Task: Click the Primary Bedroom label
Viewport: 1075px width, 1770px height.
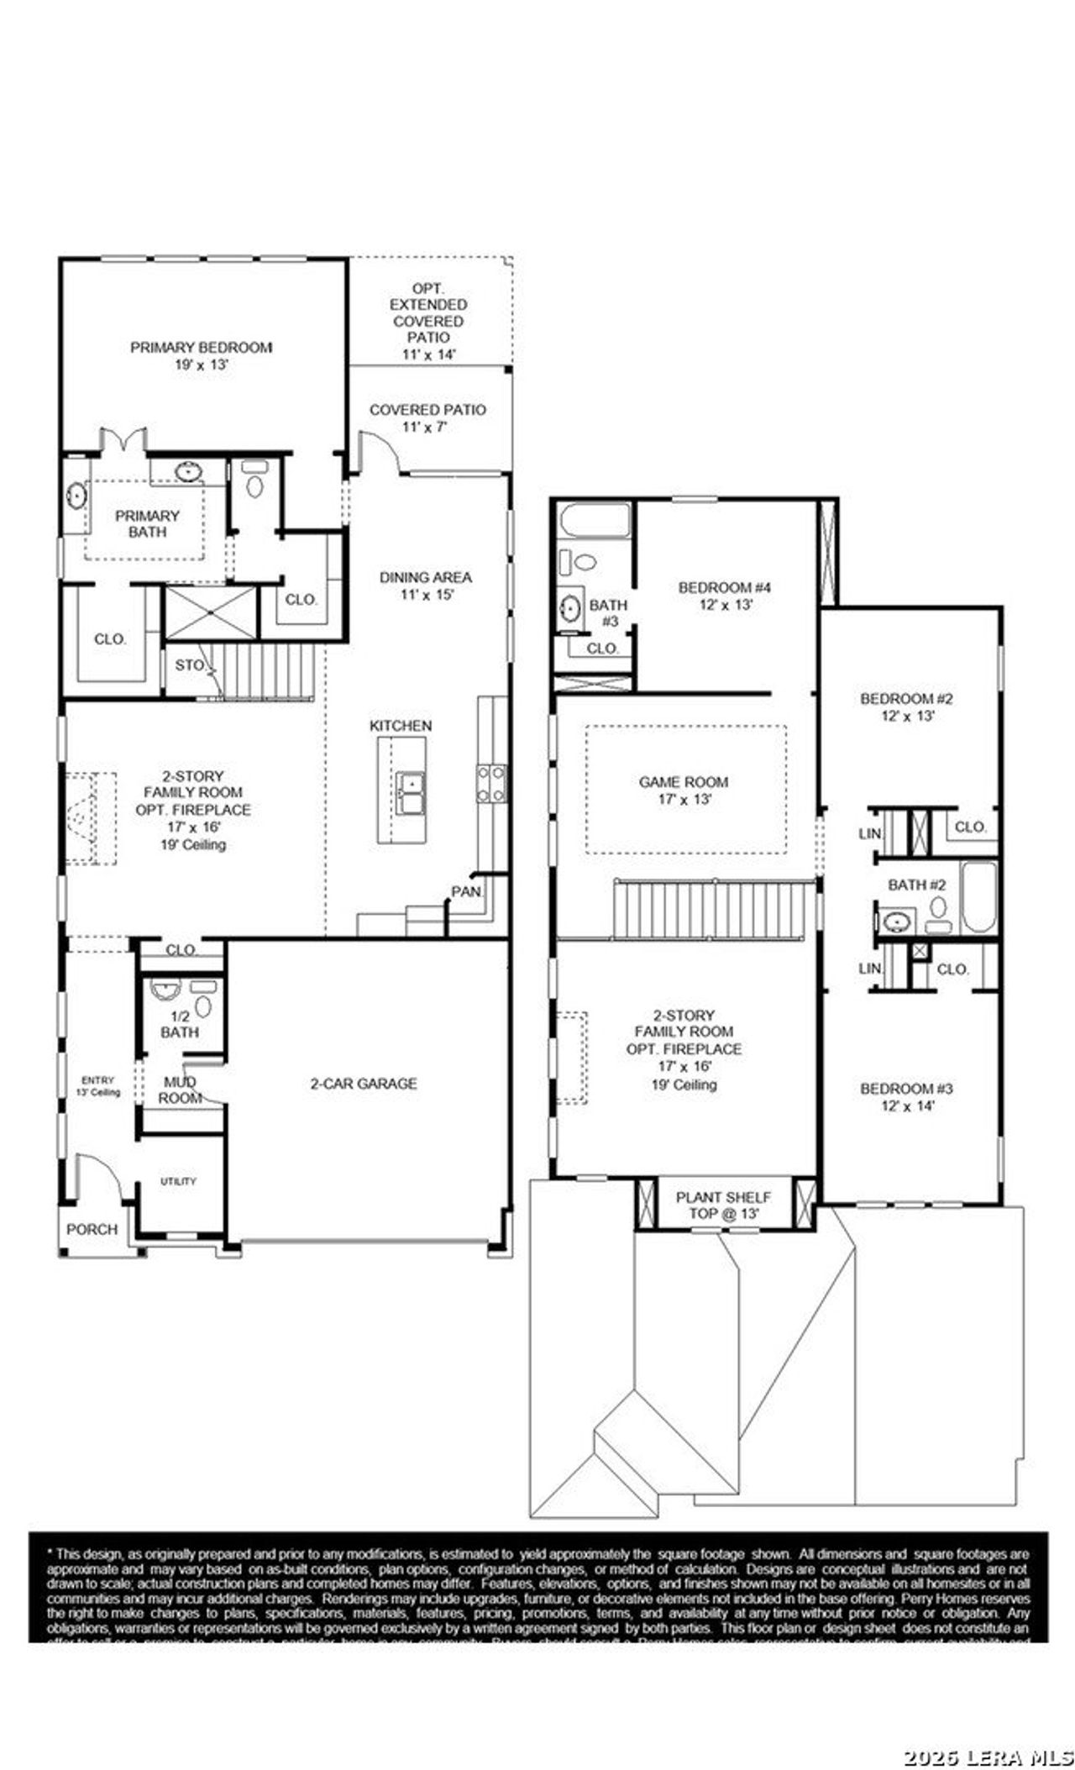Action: point(201,347)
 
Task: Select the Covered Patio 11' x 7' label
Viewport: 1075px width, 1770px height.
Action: point(427,418)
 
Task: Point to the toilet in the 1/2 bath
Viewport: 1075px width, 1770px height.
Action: point(203,1006)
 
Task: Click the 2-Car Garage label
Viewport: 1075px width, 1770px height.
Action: point(364,1084)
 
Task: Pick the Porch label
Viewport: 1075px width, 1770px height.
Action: point(92,1229)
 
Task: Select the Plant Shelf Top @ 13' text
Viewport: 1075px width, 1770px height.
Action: point(723,1205)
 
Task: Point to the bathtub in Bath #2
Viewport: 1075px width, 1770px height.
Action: point(979,896)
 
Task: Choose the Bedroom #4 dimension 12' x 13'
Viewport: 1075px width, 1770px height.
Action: point(724,604)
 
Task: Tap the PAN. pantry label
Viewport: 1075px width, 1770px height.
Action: point(467,891)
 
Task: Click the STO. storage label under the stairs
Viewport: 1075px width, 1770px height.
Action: point(190,664)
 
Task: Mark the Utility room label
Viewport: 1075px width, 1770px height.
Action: point(178,1181)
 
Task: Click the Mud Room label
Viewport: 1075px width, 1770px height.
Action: point(180,1090)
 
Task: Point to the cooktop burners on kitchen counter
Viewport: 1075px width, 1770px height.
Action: point(492,782)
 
